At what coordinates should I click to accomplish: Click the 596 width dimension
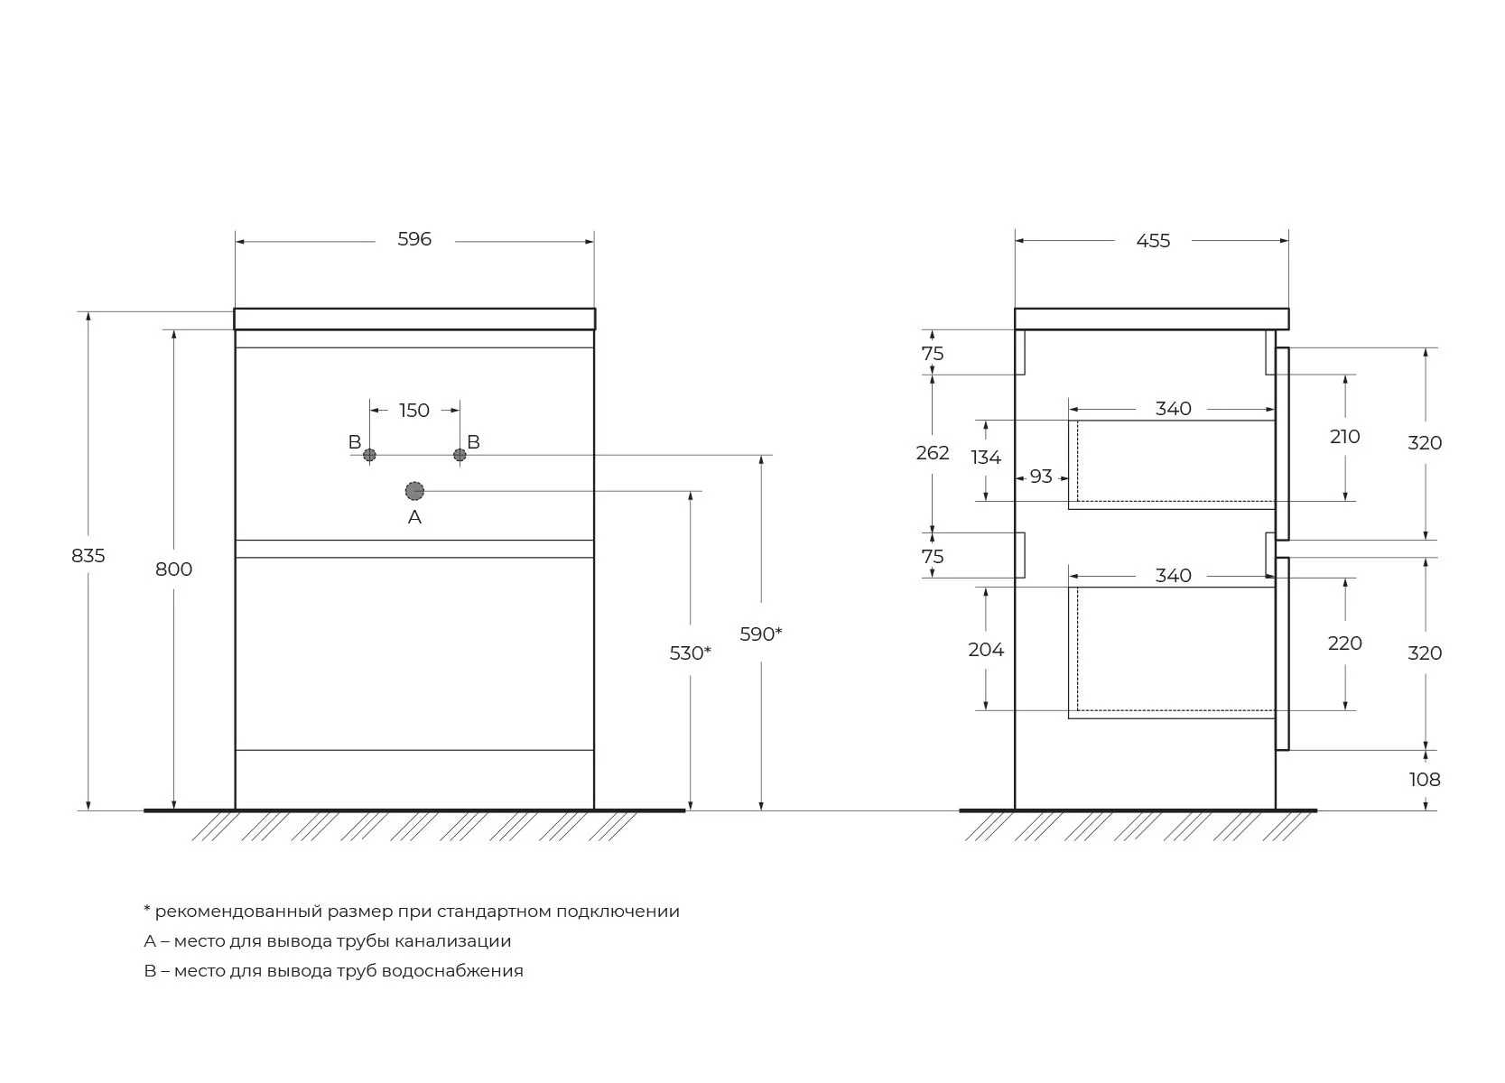click(x=413, y=239)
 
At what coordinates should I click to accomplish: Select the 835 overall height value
click(x=88, y=556)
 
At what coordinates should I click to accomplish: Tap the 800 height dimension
click(x=173, y=569)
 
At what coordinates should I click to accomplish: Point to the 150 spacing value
click(x=413, y=410)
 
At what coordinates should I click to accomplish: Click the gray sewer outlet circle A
click(x=414, y=491)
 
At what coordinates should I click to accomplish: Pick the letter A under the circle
click(x=414, y=516)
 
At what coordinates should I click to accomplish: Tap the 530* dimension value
click(x=690, y=653)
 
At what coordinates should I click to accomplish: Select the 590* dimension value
click(x=760, y=634)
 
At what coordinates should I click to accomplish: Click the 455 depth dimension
click(x=1153, y=241)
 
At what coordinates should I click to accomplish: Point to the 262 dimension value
click(x=933, y=453)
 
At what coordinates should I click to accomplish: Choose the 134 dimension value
click(x=986, y=458)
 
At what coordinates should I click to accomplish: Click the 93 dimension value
click(x=1041, y=477)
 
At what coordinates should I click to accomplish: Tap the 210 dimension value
click(x=1344, y=437)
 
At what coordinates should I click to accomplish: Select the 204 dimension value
click(x=986, y=650)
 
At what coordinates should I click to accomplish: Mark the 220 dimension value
click(x=1344, y=643)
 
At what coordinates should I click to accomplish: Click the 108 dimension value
click(x=1425, y=780)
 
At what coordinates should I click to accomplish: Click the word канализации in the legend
click(x=452, y=940)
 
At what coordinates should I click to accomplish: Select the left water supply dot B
click(x=369, y=456)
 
